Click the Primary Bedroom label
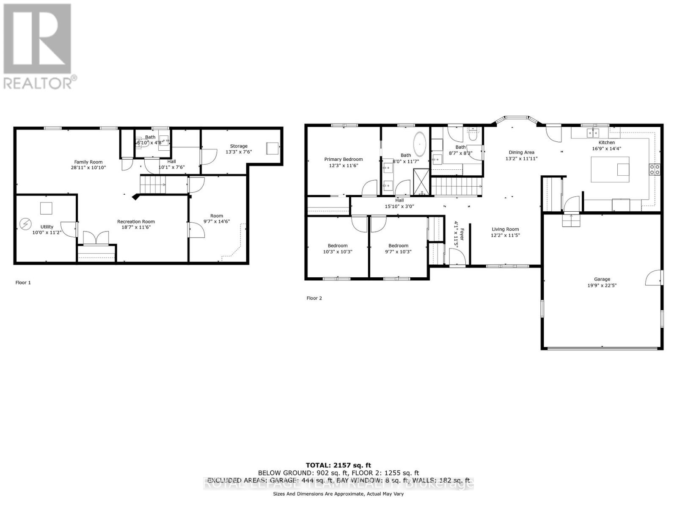343,159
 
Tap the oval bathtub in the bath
420,143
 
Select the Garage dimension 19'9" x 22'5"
602,285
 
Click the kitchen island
610,169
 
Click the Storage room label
239,146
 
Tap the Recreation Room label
136,221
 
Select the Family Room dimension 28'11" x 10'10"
88,168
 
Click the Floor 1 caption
23,282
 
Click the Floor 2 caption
314,298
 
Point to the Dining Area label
521,152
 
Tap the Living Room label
505,229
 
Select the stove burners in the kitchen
655,169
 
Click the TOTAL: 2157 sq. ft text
338,465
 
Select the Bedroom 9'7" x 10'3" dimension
398,251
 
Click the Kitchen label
606,143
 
